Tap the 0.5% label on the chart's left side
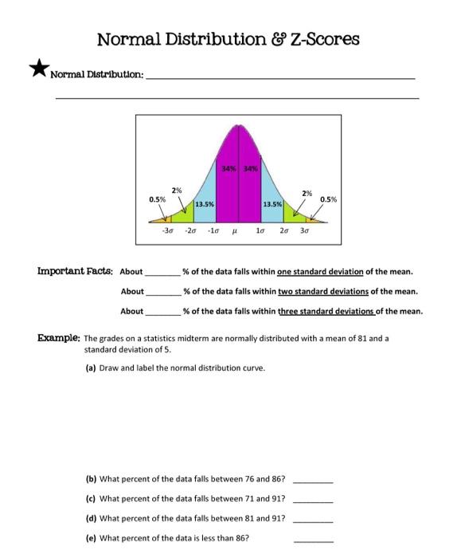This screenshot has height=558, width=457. (x=158, y=198)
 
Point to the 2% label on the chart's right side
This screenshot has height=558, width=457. (x=307, y=192)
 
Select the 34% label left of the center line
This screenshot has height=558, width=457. (x=230, y=167)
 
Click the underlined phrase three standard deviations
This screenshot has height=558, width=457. (x=326, y=311)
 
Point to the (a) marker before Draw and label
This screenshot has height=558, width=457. (x=90, y=367)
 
